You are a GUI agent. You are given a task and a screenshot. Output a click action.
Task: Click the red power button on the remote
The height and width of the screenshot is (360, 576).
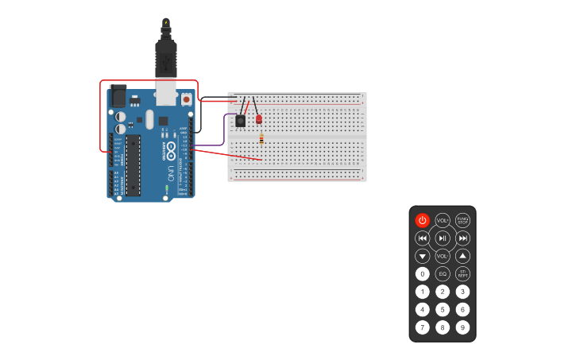tap(422, 220)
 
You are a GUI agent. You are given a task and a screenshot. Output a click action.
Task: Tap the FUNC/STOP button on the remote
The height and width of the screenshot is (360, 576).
tap(462, 220)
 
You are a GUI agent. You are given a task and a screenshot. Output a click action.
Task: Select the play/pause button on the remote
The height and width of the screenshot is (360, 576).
tap(443, 238)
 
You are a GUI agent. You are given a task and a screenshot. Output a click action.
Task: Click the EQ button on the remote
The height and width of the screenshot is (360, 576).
tap(443, 273)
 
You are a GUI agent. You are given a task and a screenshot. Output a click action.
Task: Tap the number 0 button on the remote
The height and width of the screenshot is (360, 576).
tap(422, 273)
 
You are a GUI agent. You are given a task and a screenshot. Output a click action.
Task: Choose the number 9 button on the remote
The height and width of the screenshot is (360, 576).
tap(462, 327)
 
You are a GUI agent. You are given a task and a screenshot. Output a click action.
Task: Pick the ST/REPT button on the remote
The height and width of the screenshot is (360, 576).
tap(462, 273)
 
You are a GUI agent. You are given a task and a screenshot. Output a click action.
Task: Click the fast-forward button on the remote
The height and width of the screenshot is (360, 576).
tap(463, 238)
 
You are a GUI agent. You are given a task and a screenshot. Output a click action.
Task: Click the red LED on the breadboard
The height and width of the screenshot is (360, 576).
tap(259, 118)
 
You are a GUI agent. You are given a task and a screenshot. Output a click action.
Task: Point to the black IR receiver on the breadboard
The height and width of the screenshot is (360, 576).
tap(240, 121)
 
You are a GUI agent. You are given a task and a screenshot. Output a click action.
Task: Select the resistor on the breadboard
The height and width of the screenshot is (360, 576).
tap(261, 139)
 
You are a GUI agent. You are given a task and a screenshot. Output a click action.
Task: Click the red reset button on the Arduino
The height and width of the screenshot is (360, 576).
tap(186, 100)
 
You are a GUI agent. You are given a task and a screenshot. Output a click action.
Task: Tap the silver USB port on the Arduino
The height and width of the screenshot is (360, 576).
tap(166, 91)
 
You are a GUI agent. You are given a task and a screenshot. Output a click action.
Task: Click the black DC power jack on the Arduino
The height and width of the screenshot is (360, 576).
tap(118, 96)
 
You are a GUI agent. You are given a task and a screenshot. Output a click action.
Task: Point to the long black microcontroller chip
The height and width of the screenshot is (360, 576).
tap(133, 165)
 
